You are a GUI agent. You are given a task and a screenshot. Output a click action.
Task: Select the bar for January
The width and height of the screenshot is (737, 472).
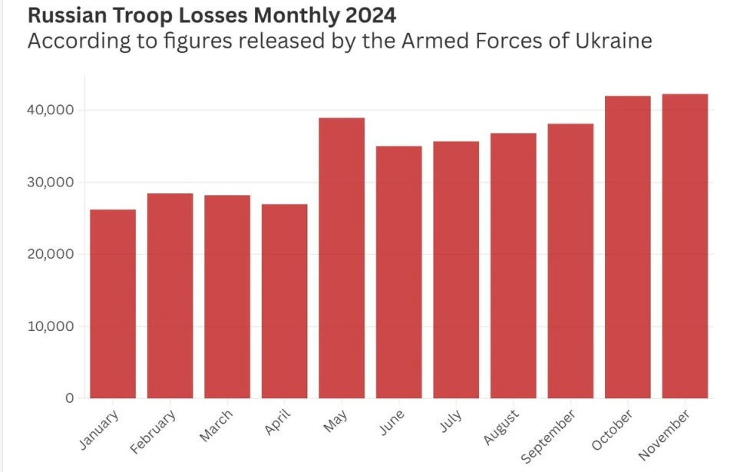pos(113,303)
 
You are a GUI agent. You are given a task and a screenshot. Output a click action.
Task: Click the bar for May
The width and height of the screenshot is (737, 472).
pos(342,258)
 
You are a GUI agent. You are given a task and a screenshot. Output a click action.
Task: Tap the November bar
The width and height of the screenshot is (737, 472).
pos(685,246)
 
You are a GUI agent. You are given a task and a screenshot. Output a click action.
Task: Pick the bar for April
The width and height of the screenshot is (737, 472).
pos(284,301)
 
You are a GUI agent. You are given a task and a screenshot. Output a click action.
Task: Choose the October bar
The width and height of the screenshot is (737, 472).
pos(627,246)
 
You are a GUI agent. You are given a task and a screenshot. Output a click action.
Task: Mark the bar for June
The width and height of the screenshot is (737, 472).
pos(398,272)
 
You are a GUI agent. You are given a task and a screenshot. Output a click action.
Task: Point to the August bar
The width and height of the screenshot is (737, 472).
pos(513,266)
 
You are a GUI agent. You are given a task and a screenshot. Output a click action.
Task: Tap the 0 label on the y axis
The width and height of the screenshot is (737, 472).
pos(70,398)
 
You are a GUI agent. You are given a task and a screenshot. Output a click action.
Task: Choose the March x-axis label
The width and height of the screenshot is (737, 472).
pos(216,426)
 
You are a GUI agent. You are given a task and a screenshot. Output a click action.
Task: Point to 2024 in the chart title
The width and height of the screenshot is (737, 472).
pos(372,15)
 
